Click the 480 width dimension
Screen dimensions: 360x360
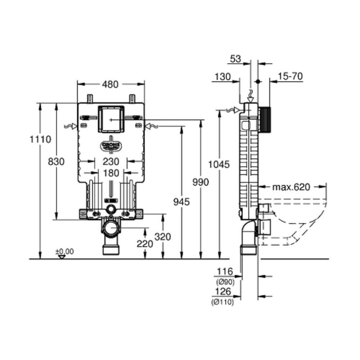(x=111, y=85)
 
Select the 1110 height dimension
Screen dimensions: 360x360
(x=40, y=139)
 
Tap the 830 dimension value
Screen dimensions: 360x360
(x=56, y=161)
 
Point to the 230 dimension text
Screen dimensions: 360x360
(x=110, y=161)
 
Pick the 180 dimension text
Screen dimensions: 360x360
(x=110, y=173)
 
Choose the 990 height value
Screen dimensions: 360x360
(x=201, y=183)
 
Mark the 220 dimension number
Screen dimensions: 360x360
(x=145, y=244)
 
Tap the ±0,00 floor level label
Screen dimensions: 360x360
(x=65, y=251)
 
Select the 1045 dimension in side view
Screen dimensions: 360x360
(x=219, y=164)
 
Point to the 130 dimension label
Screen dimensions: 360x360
(x=222, y=77)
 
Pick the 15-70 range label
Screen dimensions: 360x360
(x=290, y=77)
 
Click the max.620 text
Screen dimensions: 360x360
(x=291, y=187)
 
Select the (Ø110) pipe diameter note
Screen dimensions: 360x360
(x=223, y=302)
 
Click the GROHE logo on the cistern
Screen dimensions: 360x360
(x=111, y=146)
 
